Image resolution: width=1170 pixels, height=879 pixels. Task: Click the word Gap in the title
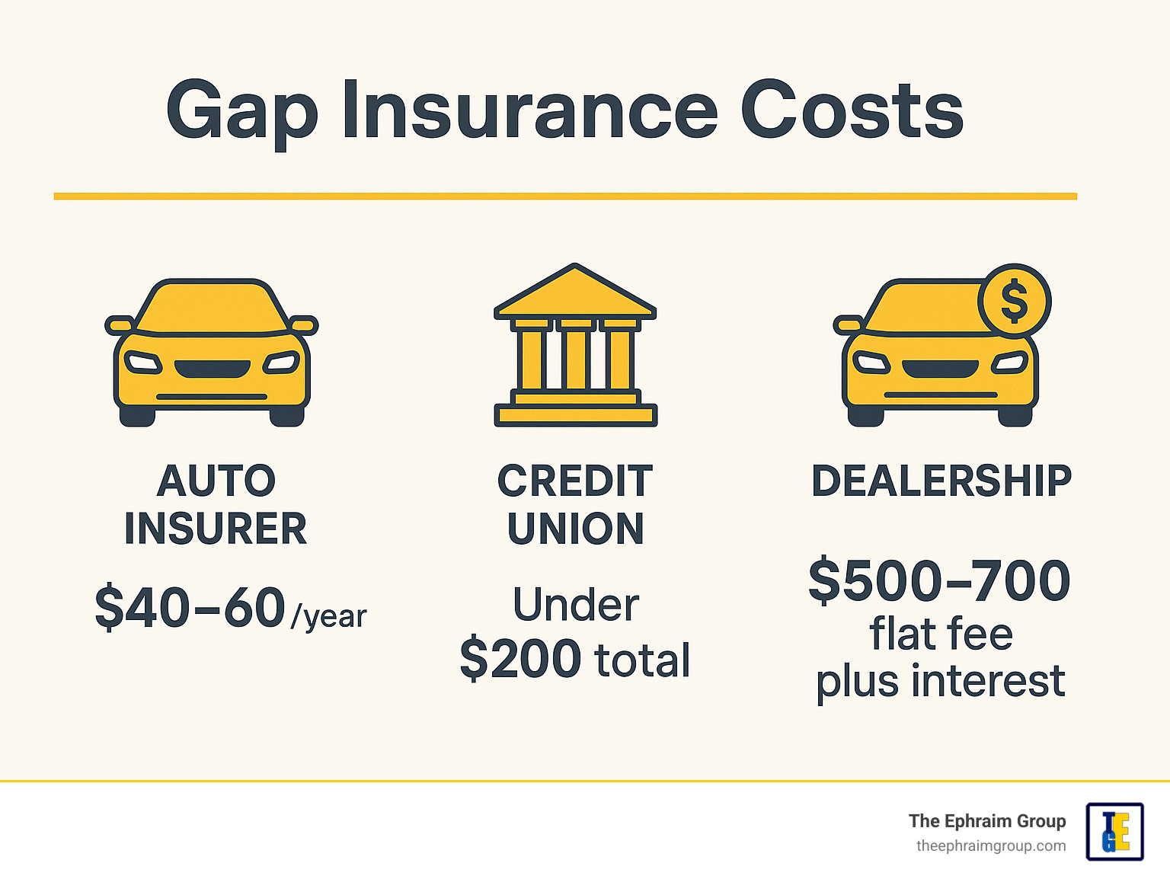(242, 113)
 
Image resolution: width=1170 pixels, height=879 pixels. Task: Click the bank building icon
(576, 345)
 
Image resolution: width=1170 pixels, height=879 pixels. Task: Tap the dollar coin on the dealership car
(1015, 301)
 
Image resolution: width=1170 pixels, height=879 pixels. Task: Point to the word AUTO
(216, 481)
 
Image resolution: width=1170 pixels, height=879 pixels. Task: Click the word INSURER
(216, 528)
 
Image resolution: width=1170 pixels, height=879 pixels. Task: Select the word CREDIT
(575, 481)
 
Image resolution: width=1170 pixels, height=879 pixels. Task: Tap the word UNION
(576, 528)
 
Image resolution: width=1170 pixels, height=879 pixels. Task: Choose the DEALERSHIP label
(941, 481)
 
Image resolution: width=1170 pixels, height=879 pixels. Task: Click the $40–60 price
(190, 607)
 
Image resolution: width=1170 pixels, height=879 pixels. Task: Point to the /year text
(328, 616)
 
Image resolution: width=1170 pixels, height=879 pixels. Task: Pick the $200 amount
(520, 659)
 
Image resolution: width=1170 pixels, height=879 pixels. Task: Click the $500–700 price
(939, 580)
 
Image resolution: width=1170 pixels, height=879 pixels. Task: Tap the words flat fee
(941, 634)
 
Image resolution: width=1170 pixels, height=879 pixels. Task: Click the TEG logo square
(1115, 832)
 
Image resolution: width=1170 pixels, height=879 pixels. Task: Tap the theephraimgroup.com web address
(991, 846)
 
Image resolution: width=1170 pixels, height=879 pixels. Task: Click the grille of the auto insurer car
(213, 369)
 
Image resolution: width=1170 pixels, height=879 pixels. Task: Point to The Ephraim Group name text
(987, 821)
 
